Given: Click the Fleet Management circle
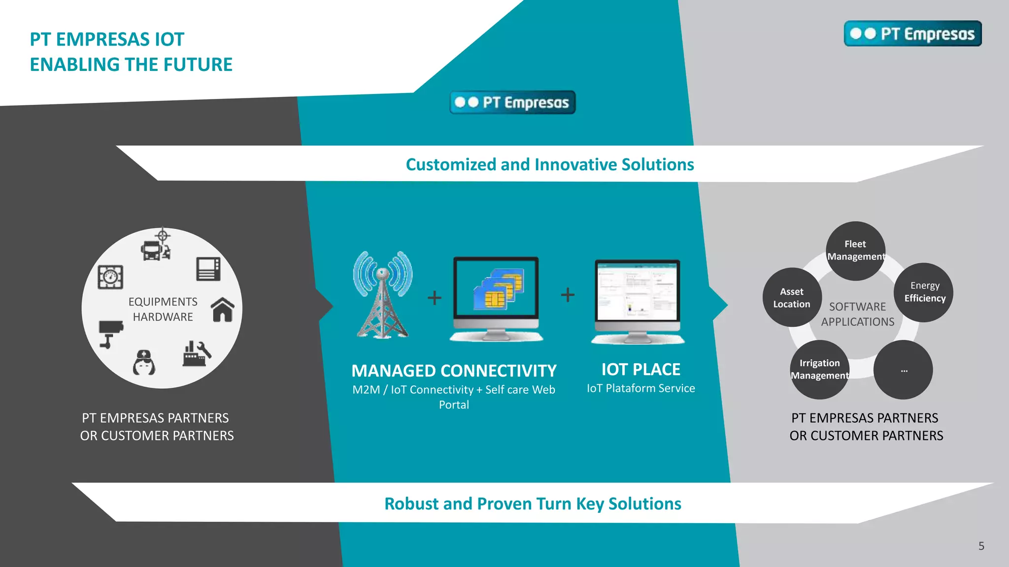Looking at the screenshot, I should pos(855,251).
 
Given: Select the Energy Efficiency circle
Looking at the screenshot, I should pos(924,292).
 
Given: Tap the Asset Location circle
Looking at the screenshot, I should pos(792,297).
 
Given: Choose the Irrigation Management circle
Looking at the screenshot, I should pos(820,369).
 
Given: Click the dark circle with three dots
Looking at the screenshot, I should pos(903,370).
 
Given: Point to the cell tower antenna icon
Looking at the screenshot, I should pos(383,294).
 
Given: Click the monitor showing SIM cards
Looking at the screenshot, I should pos(496,297).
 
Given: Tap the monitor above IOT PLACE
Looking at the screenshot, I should pos(638,300).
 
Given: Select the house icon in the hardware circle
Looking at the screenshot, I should pos(223,310).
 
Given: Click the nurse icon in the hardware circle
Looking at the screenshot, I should pos(144,363).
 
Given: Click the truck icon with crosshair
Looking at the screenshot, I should pos(156,245).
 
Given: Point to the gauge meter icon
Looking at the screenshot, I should pos(110,277).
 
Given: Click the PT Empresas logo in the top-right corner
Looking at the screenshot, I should pos(912,33).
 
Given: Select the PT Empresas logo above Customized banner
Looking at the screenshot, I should pos(512,102).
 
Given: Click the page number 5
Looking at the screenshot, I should pos(981,546).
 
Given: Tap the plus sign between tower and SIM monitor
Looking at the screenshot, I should pos(434,297).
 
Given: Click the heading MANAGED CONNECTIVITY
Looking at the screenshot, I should pos(454,371).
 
